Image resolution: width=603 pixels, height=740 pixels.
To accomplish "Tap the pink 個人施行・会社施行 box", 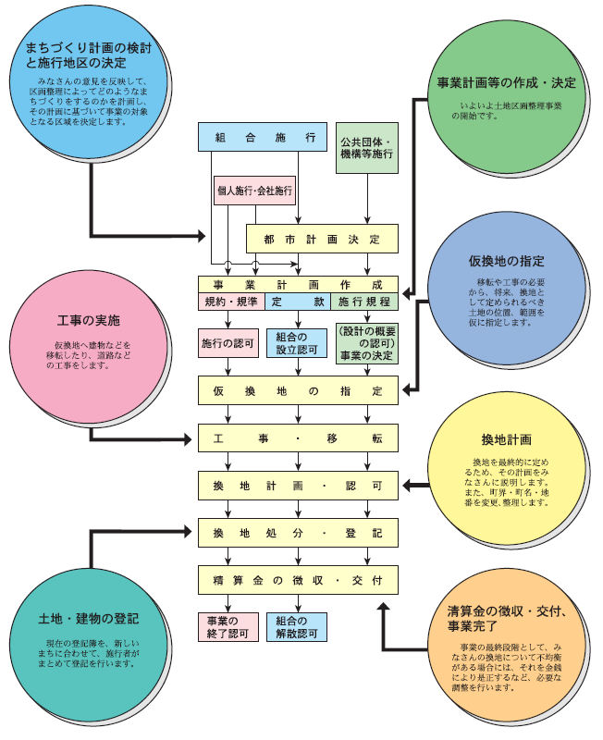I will point(254,191).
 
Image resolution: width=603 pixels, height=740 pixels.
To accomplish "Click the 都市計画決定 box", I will point(321,238).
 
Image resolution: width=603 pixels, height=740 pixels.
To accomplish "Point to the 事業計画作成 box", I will point(298,284).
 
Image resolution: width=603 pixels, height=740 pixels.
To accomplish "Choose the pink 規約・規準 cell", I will point(231,302).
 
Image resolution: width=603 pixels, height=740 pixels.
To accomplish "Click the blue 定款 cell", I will point(297,302).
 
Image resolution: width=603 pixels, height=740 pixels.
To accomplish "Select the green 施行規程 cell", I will point(363,302).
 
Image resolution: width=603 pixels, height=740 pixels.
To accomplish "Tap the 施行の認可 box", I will point(226,343).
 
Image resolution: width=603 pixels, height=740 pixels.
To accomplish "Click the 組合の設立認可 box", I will point(297,343).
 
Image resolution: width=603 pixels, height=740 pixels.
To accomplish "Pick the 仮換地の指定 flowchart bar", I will point(298,390).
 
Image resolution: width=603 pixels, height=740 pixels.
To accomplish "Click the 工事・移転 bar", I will point(298,438).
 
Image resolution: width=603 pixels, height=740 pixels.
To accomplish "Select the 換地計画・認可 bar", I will point(298,485).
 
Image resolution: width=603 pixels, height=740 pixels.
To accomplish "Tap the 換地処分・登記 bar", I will point(298,533).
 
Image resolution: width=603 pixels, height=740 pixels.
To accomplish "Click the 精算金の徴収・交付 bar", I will point(298,580).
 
